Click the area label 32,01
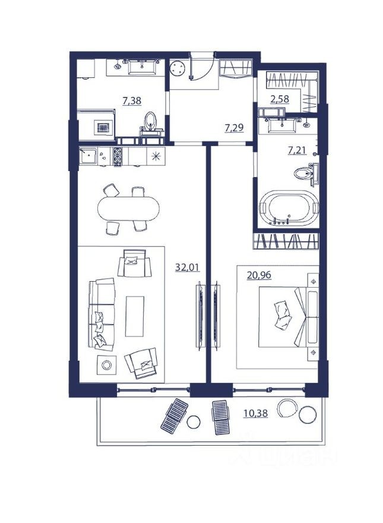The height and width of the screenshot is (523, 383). point(186,267)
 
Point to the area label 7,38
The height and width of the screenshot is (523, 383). point(132,101)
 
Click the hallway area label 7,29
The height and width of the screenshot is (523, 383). point(233,127)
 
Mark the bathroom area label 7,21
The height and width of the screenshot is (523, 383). point(297,150)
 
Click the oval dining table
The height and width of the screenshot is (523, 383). point(128,209)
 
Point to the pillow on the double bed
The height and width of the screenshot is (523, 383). point(281,313)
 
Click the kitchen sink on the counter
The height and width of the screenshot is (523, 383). point(91,156)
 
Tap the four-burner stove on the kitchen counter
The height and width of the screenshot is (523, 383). point(118,156)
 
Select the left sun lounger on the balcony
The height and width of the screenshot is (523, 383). point(173,414)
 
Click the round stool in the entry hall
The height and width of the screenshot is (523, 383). point(177,70)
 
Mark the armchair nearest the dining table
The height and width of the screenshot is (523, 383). point(135,264)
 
